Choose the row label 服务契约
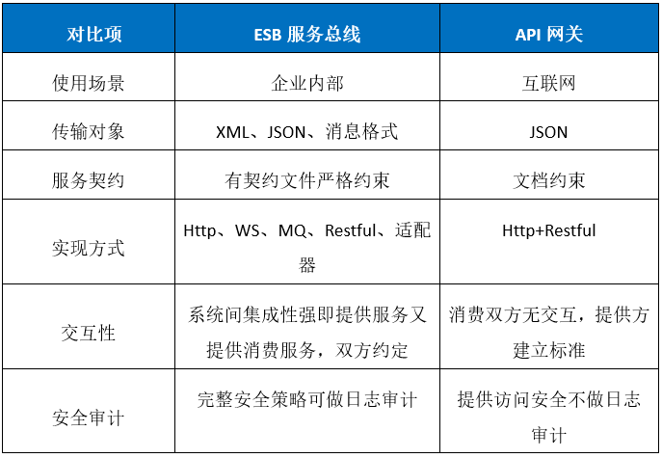[x=88, y=179]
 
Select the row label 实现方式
[x=88, y=248]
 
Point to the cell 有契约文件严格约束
[x=307, y=179]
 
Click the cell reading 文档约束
[x=549, y=179]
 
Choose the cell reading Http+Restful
[x=549, y=230]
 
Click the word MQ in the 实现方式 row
[x=291, y=230]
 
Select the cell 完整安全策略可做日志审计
[x=307, y=400]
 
